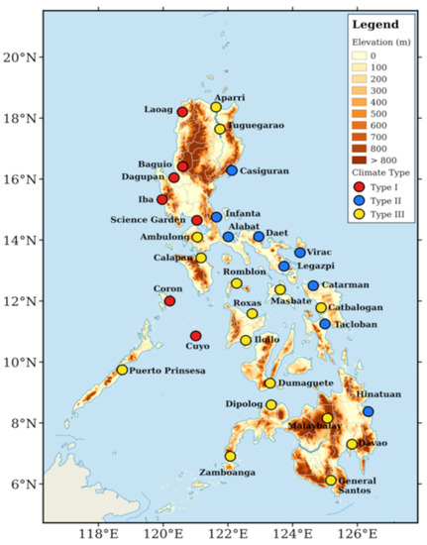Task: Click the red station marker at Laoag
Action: (x=182, y=112)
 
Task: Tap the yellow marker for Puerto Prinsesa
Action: (x=123, y=370)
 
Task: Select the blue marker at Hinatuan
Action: (x=369, y=411)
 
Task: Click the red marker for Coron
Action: (x=170, y=301)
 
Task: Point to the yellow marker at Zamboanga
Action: (x=231, y=456)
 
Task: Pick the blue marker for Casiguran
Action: (x=232, y=170)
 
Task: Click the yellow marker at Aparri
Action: (x=216, y=107)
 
